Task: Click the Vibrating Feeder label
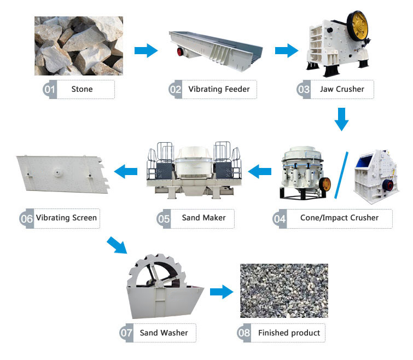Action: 219,89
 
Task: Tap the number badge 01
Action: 50,89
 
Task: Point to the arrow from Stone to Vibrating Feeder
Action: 146,51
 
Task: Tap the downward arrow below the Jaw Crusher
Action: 342,119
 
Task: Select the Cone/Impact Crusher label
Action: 339,218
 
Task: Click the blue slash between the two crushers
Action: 341,173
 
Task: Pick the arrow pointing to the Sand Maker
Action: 260,172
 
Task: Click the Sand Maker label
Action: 203,218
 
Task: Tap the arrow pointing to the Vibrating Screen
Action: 125,172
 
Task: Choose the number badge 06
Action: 26,218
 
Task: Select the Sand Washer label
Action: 164,333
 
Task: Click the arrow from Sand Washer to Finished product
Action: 220,291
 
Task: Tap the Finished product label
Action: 288,333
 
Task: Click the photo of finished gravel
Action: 284,291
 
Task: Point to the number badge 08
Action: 245,333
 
